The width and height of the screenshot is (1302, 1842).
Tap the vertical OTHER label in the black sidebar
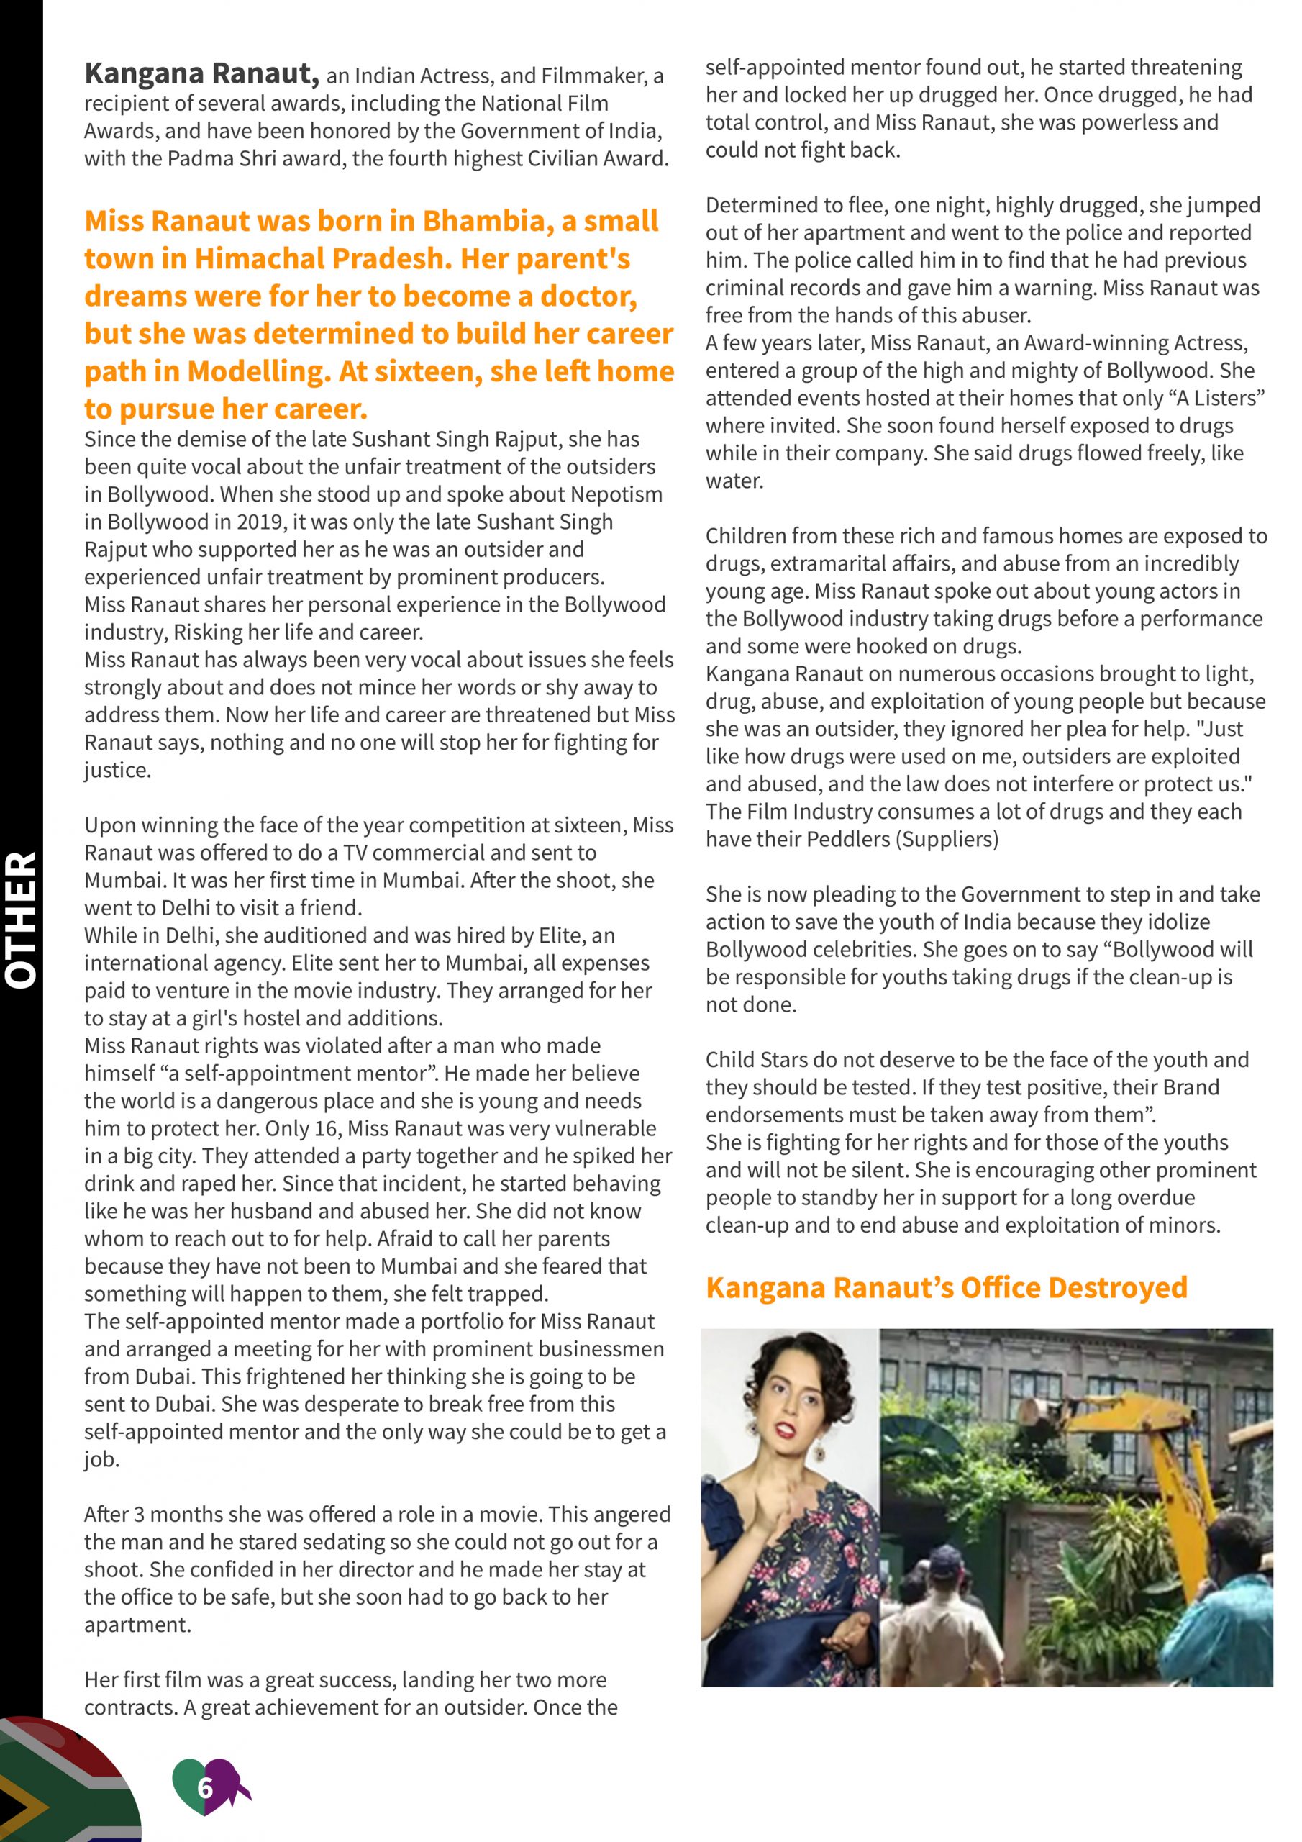(x=22, y=920)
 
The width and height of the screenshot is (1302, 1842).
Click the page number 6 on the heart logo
(x=205, y=1787)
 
